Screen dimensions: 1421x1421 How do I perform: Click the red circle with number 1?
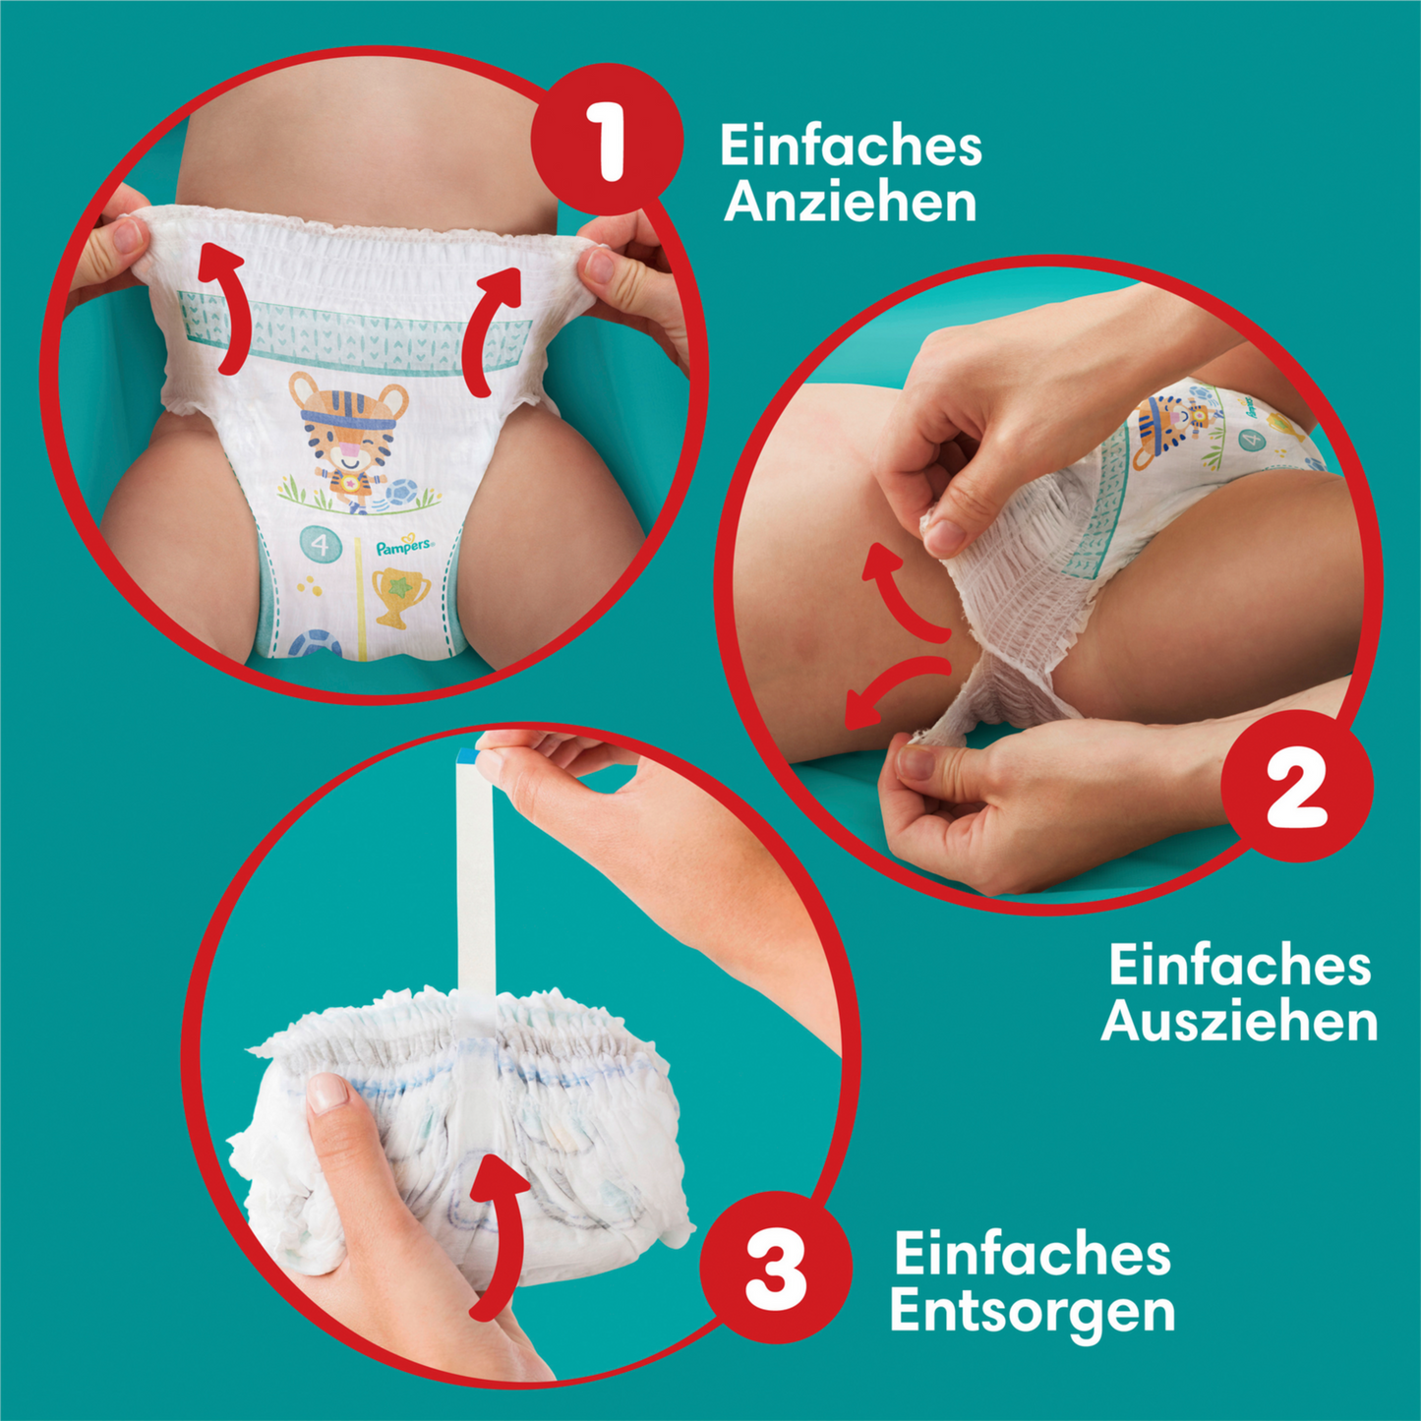pyautogui.click(x=607, y=141)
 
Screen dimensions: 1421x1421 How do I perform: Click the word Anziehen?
pyautogui.click(x=851, y=203)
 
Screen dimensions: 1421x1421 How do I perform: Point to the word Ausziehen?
pyautogui.click(x=1239, y=1022)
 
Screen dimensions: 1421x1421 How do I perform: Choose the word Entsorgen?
pyautogui.click(x=1033, y=1312)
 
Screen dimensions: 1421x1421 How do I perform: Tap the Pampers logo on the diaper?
pyautogui.click(x=403, y=546)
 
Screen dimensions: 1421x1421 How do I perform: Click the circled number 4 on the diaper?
pyautogui.click(x=320, y=544)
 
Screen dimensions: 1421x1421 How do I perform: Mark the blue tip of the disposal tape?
pyautogui.click(x=466, y=755)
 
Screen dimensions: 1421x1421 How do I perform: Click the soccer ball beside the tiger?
pyautogui.click(x=401, y=492)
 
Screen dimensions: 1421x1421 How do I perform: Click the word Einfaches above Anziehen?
pyautogui.click(x=851, y=146)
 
